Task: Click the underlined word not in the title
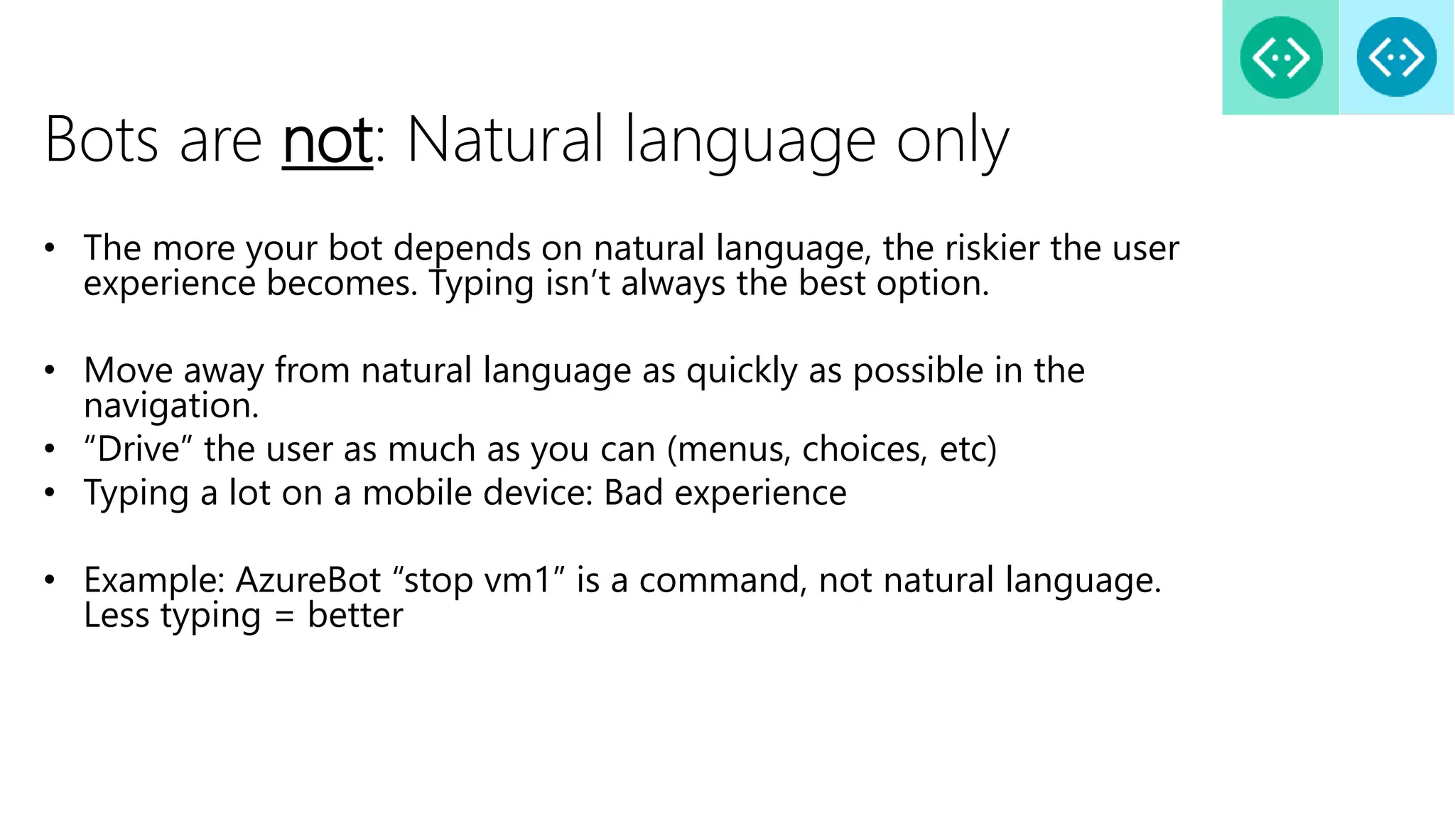click(x=327, y=140)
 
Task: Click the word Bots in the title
click(x=102, y=140)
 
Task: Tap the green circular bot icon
click(x=1281, y=58)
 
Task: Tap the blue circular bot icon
click(x=1396, y=58)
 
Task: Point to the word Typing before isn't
click(x=481, y=284)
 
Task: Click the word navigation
click(x=171, y=406)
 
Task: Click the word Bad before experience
click(x=634, y=493)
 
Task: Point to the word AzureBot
click(x=308, y=580)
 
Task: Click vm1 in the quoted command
click(x=518, y=580)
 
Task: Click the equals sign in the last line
click(x=284, y=616)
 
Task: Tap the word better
click(x=355, y=616)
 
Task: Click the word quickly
click(x=742, y=371)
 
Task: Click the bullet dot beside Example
click(x=49, y=580)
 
